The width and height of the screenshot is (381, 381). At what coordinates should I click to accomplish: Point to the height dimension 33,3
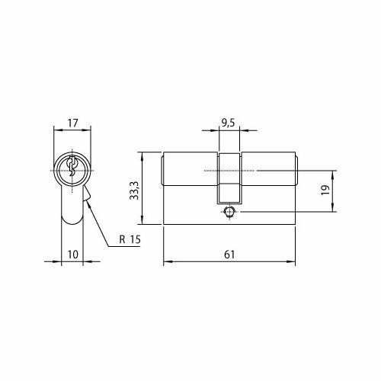tap(134, 187)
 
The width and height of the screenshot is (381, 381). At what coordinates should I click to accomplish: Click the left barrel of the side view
tap(190, 169)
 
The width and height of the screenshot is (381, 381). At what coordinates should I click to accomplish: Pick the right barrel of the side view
tap(267, 169)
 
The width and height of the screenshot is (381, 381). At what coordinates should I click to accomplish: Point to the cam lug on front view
tap(88, 199)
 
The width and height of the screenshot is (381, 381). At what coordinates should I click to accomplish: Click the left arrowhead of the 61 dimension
tap(167, 261)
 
